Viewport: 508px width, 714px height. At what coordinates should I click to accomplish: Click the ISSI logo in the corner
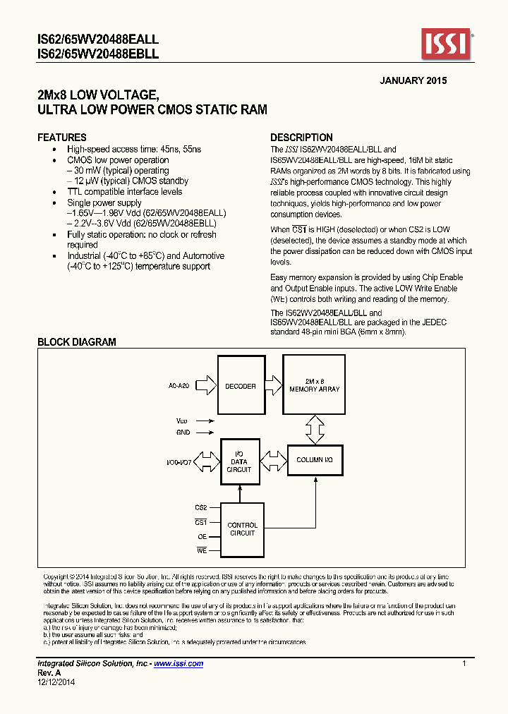pyautogui.click(x=447, y=44)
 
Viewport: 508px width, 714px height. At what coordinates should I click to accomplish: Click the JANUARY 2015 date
pyautogui.click(x=413, y=80)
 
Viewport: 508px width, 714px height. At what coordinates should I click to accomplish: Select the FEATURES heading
pyautogui.click(x=62, y=138)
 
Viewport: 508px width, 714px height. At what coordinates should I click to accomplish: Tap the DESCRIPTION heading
pyautogui.click(x=301, y=138)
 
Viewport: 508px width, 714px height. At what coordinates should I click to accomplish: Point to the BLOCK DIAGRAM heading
pyautogui.click(x=76, y=342)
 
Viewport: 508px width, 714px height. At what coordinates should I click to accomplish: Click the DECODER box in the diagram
pyautogui.click(x=241, y=386)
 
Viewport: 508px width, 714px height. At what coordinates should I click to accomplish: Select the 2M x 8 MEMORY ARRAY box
pyautogui.click(x=314, y=385)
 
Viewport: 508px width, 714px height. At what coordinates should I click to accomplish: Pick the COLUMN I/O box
pyautogui.click(x=315, y=460)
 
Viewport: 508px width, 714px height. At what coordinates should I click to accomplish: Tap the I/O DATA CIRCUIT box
pyautogui.click(x=239, y=461)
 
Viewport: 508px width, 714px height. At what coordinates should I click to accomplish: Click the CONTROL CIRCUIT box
pyautogui.click(x=242, y=529)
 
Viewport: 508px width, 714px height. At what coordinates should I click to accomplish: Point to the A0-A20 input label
pyautogui.click(x=179, y=386)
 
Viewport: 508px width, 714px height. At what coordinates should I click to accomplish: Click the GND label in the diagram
pyautogui.click(x=183, y=432)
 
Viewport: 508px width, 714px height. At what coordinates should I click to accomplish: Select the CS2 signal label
pyautogui.click(x=200, y=507)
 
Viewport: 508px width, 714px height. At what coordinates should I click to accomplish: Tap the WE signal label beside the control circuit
pyautogui.click(x=202, y=550)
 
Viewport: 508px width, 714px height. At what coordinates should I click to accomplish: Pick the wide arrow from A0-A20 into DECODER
pyautogui.click(x=205, y=386)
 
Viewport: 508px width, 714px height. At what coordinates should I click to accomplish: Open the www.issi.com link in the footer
pyautogui.click(x=179, y=664)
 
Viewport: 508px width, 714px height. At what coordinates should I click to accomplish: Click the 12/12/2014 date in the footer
pyautogui.click(x=56, y=682)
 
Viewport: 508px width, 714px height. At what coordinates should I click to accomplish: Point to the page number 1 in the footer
pyautogui.click(x=464, y=664)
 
